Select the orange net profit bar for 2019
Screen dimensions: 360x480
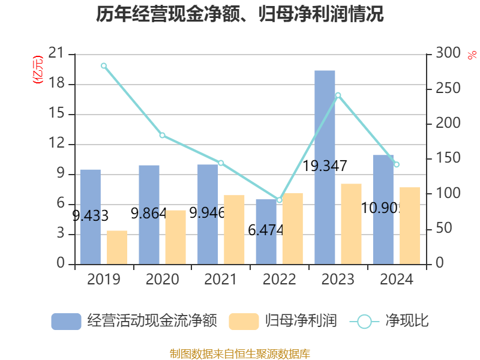[117, 247]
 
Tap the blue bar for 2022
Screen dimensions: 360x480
[266, 231]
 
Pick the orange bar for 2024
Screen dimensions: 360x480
[410, 225]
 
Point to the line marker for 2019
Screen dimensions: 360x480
[104, 65]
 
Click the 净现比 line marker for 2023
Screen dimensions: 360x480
[338, 95]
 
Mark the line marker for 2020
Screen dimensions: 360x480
[162, 136]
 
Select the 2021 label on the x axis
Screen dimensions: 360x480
[221, 280]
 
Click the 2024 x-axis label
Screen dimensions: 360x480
[397, 280]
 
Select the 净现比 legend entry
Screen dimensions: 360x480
[389, 321]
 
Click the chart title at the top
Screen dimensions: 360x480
[240, 14]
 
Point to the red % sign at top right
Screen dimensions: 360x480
[472, 55]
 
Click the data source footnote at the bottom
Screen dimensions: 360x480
[240, 353]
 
